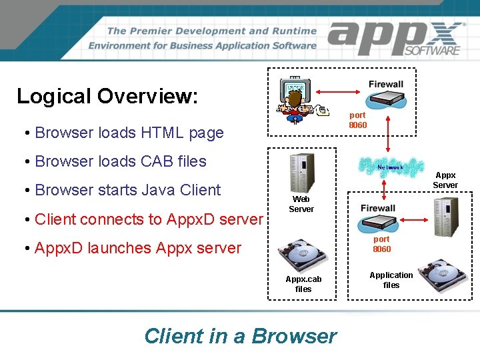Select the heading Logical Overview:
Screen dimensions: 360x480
pyautogui.click(x=107, y=96)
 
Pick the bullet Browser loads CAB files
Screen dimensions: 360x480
pyautogui.click(x=120, y=161)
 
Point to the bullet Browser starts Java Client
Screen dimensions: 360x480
pyautogui.click(x=127, y=190)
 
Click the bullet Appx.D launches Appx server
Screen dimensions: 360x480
pyautogui.click(x=137, y=248)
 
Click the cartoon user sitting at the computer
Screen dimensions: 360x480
pyautogui.click(x=296, y=100)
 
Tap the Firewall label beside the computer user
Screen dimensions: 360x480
pyautogui.click(x=386, y=84)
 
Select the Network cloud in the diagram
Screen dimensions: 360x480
pyautogui.click(x=390, y=167)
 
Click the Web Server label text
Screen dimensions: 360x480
pyautogui.click(x=301, y=204)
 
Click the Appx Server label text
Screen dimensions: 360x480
pyautogui.click(x=445, y=180)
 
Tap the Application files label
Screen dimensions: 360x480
pyautogui.click(x=391, y=280)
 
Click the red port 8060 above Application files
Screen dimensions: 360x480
pyautogui.click(x=382, y=244)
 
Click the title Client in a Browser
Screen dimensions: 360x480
pyautogui.click(x=240, y=336)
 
